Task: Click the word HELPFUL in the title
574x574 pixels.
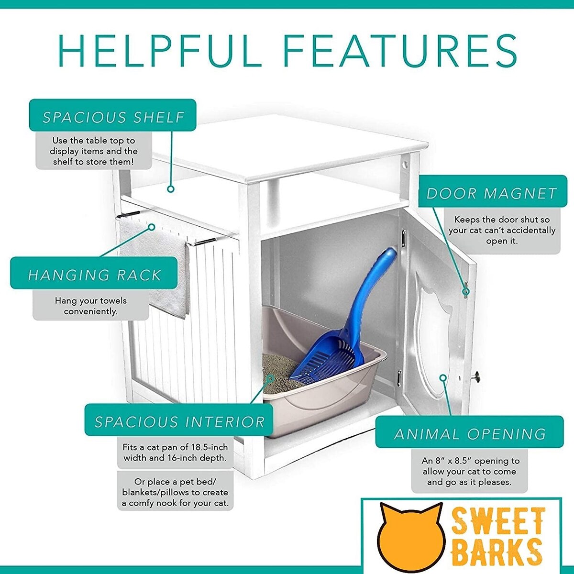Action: click(160, 51)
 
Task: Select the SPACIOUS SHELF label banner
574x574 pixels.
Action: click(112, 115)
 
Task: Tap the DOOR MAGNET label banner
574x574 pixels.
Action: click(493, 191)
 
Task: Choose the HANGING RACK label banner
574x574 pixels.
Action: click(94, 273)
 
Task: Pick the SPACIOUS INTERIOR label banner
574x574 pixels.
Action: click(179, 419)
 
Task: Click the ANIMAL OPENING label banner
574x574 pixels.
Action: click(469, 432)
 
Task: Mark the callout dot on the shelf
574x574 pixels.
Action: click(171, 189)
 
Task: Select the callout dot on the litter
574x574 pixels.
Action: click(270, 379)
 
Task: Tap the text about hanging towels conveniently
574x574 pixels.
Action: click(90, 306)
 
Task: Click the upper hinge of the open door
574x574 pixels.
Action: click(404, 239)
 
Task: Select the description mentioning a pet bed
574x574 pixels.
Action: click(175, 492)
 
